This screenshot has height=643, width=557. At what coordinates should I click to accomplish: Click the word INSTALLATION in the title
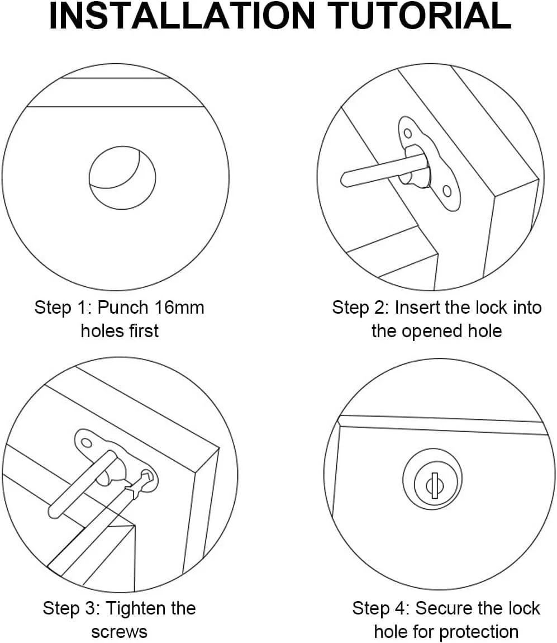181,16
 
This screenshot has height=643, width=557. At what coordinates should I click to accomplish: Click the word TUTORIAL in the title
420,16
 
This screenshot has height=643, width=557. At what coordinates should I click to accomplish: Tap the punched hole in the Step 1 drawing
122,178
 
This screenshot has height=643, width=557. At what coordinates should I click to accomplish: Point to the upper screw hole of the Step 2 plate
407,133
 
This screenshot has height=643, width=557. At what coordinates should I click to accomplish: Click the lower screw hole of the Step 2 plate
447,191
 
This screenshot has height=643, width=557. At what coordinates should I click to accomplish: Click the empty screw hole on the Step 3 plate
87,443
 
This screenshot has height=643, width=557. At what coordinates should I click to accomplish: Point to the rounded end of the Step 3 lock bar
53,512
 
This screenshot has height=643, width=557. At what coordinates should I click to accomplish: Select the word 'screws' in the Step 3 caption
119,632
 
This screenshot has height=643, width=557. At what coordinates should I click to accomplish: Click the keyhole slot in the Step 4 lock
435,485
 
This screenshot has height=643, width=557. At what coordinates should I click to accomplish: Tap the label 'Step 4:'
381,609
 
